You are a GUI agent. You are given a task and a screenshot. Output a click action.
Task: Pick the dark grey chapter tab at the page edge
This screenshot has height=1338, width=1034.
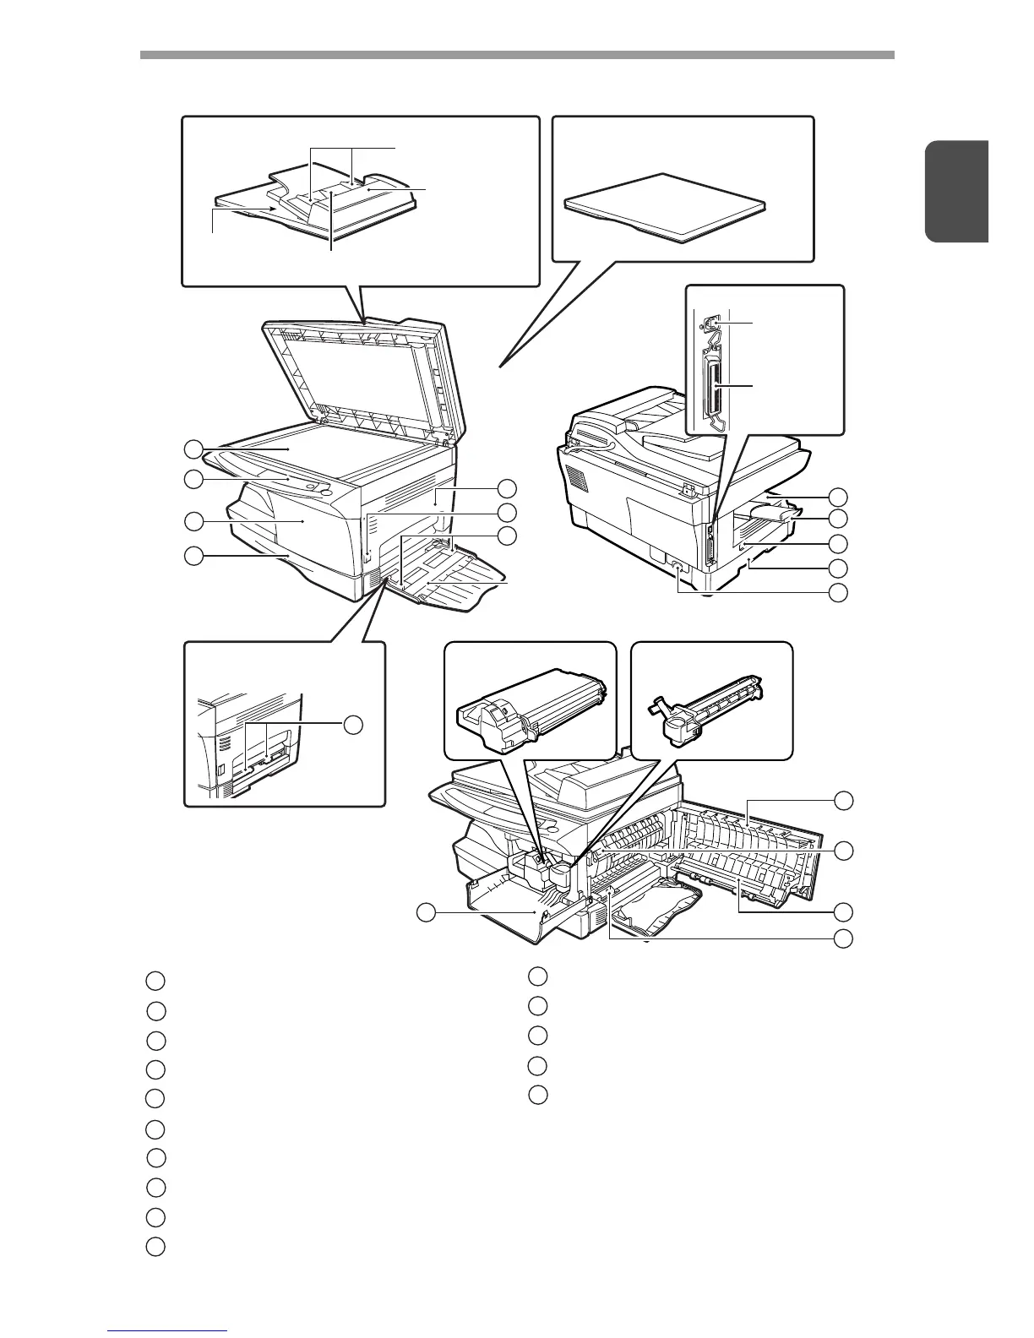[x=956, y=193]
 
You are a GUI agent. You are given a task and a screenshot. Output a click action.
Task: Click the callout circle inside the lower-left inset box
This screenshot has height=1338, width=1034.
[x=354, y=724]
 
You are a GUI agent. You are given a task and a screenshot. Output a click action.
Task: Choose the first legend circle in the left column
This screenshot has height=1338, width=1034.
[x=155, y=981]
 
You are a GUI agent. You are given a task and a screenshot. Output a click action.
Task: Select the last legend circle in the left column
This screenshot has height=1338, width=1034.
[x=155, y=1246]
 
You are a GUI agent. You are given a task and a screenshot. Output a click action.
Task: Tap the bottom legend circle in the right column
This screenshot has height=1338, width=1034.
[x=538, y=1095]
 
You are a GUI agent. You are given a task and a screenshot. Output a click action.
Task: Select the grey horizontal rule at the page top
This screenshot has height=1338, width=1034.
[x=516, y=55]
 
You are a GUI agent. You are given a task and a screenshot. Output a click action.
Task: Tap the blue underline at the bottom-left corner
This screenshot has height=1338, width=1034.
[x=168, y=1331]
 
